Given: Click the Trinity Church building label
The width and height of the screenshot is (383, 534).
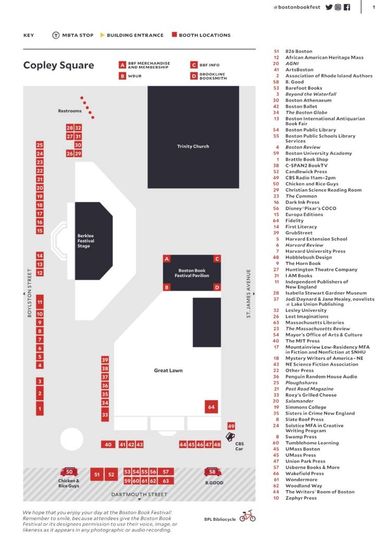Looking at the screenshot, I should (193, 147).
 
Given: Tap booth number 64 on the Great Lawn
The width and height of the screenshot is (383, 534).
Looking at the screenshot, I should (211, 407).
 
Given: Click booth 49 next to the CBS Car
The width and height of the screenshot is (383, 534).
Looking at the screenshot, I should (231, 426).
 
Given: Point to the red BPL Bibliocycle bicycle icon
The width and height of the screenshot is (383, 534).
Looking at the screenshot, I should (247, 516).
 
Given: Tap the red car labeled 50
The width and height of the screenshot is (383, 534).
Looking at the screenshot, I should (69, 472).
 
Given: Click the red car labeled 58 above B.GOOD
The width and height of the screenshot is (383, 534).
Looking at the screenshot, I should (212, 472).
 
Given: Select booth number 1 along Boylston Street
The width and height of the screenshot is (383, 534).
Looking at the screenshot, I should (40, 409).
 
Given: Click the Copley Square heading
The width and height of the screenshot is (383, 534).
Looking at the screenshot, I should (58, 65).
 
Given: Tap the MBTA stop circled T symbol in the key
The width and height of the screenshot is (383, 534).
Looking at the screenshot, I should (56, 35).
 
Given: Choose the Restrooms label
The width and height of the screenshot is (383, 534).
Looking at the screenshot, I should (70, 111).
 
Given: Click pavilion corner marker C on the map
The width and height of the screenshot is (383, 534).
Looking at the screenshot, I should (217, 259).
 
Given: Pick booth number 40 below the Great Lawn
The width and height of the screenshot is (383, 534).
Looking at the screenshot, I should (108, 444).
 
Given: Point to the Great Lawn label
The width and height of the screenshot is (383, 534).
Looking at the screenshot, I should (168, 371).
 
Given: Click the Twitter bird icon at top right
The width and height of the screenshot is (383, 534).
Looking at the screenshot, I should (329, 7).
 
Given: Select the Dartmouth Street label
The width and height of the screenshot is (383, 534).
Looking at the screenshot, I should (139, 494).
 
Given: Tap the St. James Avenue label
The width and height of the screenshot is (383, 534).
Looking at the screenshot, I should (249, 293).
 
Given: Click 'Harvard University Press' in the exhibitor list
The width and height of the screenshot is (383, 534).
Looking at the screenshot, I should (315, 251).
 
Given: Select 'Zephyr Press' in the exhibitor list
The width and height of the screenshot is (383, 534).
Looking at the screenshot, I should (301, 498).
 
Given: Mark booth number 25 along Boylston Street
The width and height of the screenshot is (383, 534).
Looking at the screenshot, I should (40, 145).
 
